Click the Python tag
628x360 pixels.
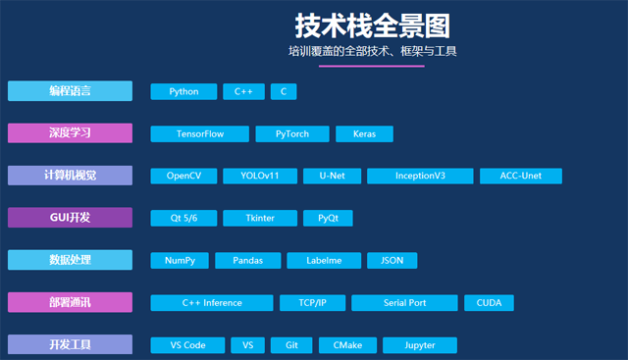pyautogui.click(x=183, y=91)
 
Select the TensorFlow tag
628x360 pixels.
pyautogui.click(x=200, y=134)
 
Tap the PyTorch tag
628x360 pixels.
pyautogui.click(x=292, y=134)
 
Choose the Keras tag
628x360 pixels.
pyautogui.click(x=364, y=134)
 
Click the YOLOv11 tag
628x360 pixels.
pyautogui.click(x=260, y=177)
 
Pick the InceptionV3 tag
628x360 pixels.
pyautogui.click(x=420, y=177)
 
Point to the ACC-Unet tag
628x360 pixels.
pyautogui.click(x=521, y=177)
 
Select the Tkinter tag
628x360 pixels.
pyautogui.click(x=260, y=218)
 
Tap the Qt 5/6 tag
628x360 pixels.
pyautogui.click(x=183, y=218)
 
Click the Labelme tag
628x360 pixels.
pyautogui.click(x=324, y=261)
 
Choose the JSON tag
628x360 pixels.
pyautogui.click(x=392, y=261)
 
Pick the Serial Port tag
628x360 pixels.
pyautogui.click(x=404, y=303)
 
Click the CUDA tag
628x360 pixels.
pyautogui.click(x=489, y=303)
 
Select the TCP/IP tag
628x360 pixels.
pyautogui.click(x=312, y=303)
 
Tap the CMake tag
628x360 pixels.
pyautogui.click(x=347, y=345)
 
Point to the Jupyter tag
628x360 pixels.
pyautogui.click(x=420, y=345)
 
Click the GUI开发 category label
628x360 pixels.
pyautogui.click(x=70, y=218)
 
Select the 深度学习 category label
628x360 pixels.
pyautogui.click(x=70, y=133)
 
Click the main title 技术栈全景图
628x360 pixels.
pyautogui.click(x=373, y=26)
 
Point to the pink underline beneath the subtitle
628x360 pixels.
pyautogui.click(x=372, y=66)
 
